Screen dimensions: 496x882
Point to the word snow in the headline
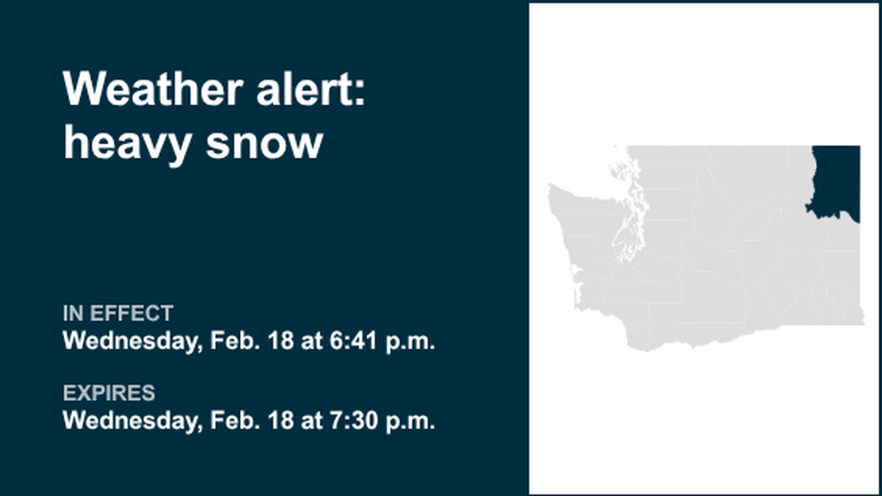265,144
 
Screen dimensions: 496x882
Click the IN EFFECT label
118,313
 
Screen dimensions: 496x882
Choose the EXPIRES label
108,393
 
